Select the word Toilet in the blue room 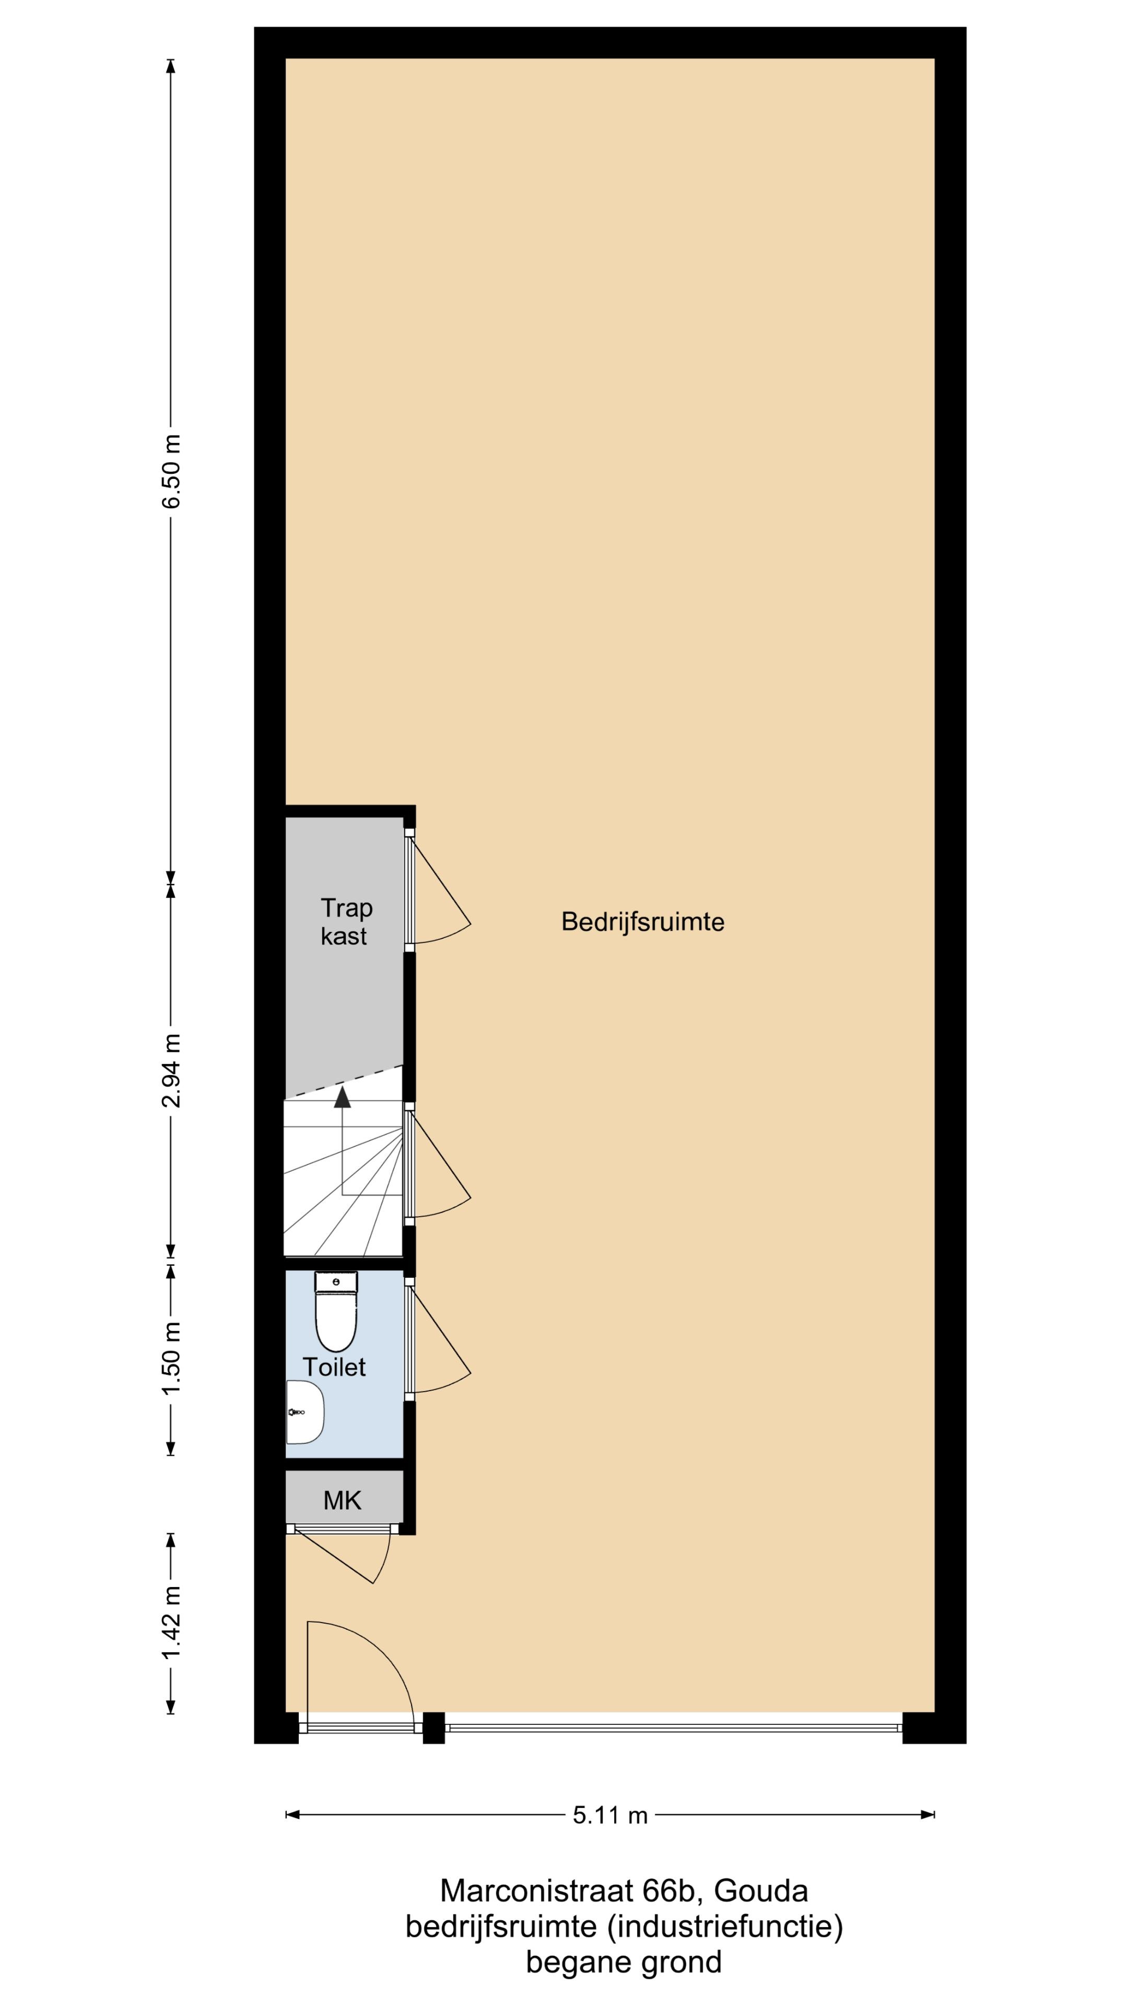pyautogui.click(x=334, y=1367)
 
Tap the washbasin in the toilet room pyautogui.click(x=304, y=1412)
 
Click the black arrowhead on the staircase pyautogui.click(x=342, y=1097)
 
